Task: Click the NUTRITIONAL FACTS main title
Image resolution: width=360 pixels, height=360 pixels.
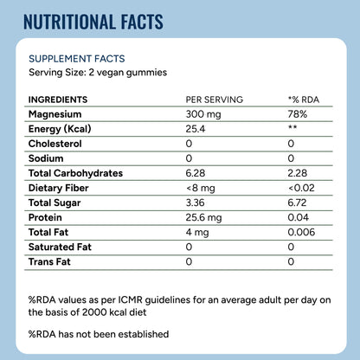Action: coord(93,22)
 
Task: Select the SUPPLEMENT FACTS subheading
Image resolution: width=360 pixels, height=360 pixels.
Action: coord(77,59)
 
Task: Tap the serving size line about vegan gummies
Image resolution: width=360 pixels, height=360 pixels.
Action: coord(98,72)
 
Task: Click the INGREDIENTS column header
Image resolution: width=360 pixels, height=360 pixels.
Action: coord(58,100)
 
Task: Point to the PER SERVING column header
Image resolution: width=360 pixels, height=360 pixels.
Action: coord(215,100)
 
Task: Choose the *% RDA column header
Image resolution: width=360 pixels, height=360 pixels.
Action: coord(304,100)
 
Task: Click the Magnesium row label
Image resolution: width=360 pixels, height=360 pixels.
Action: coord(55,114)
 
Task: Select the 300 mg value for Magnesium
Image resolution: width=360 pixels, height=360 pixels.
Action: coord(203,114)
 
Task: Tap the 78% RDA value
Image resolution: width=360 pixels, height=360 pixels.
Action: coord(298,114)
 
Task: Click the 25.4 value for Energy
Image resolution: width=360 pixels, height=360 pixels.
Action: coord(196,129)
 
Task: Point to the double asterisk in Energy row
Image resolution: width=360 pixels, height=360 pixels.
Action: coord(292,127)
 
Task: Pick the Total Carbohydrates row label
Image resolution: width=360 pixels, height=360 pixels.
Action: coord(75,173)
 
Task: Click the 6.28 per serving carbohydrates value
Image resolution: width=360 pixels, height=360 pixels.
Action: coord(196,173)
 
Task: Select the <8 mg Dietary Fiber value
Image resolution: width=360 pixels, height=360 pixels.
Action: coord(201,189)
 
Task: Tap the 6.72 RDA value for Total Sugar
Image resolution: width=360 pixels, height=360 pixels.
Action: coord(297,202)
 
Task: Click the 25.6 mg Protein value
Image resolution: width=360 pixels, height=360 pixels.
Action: coord(203,217)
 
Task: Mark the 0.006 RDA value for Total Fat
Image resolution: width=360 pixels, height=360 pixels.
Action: coord(301,232)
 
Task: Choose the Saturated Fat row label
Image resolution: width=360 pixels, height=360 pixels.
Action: coord(60,247)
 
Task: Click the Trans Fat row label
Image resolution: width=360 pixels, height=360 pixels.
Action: coord(49,261)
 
